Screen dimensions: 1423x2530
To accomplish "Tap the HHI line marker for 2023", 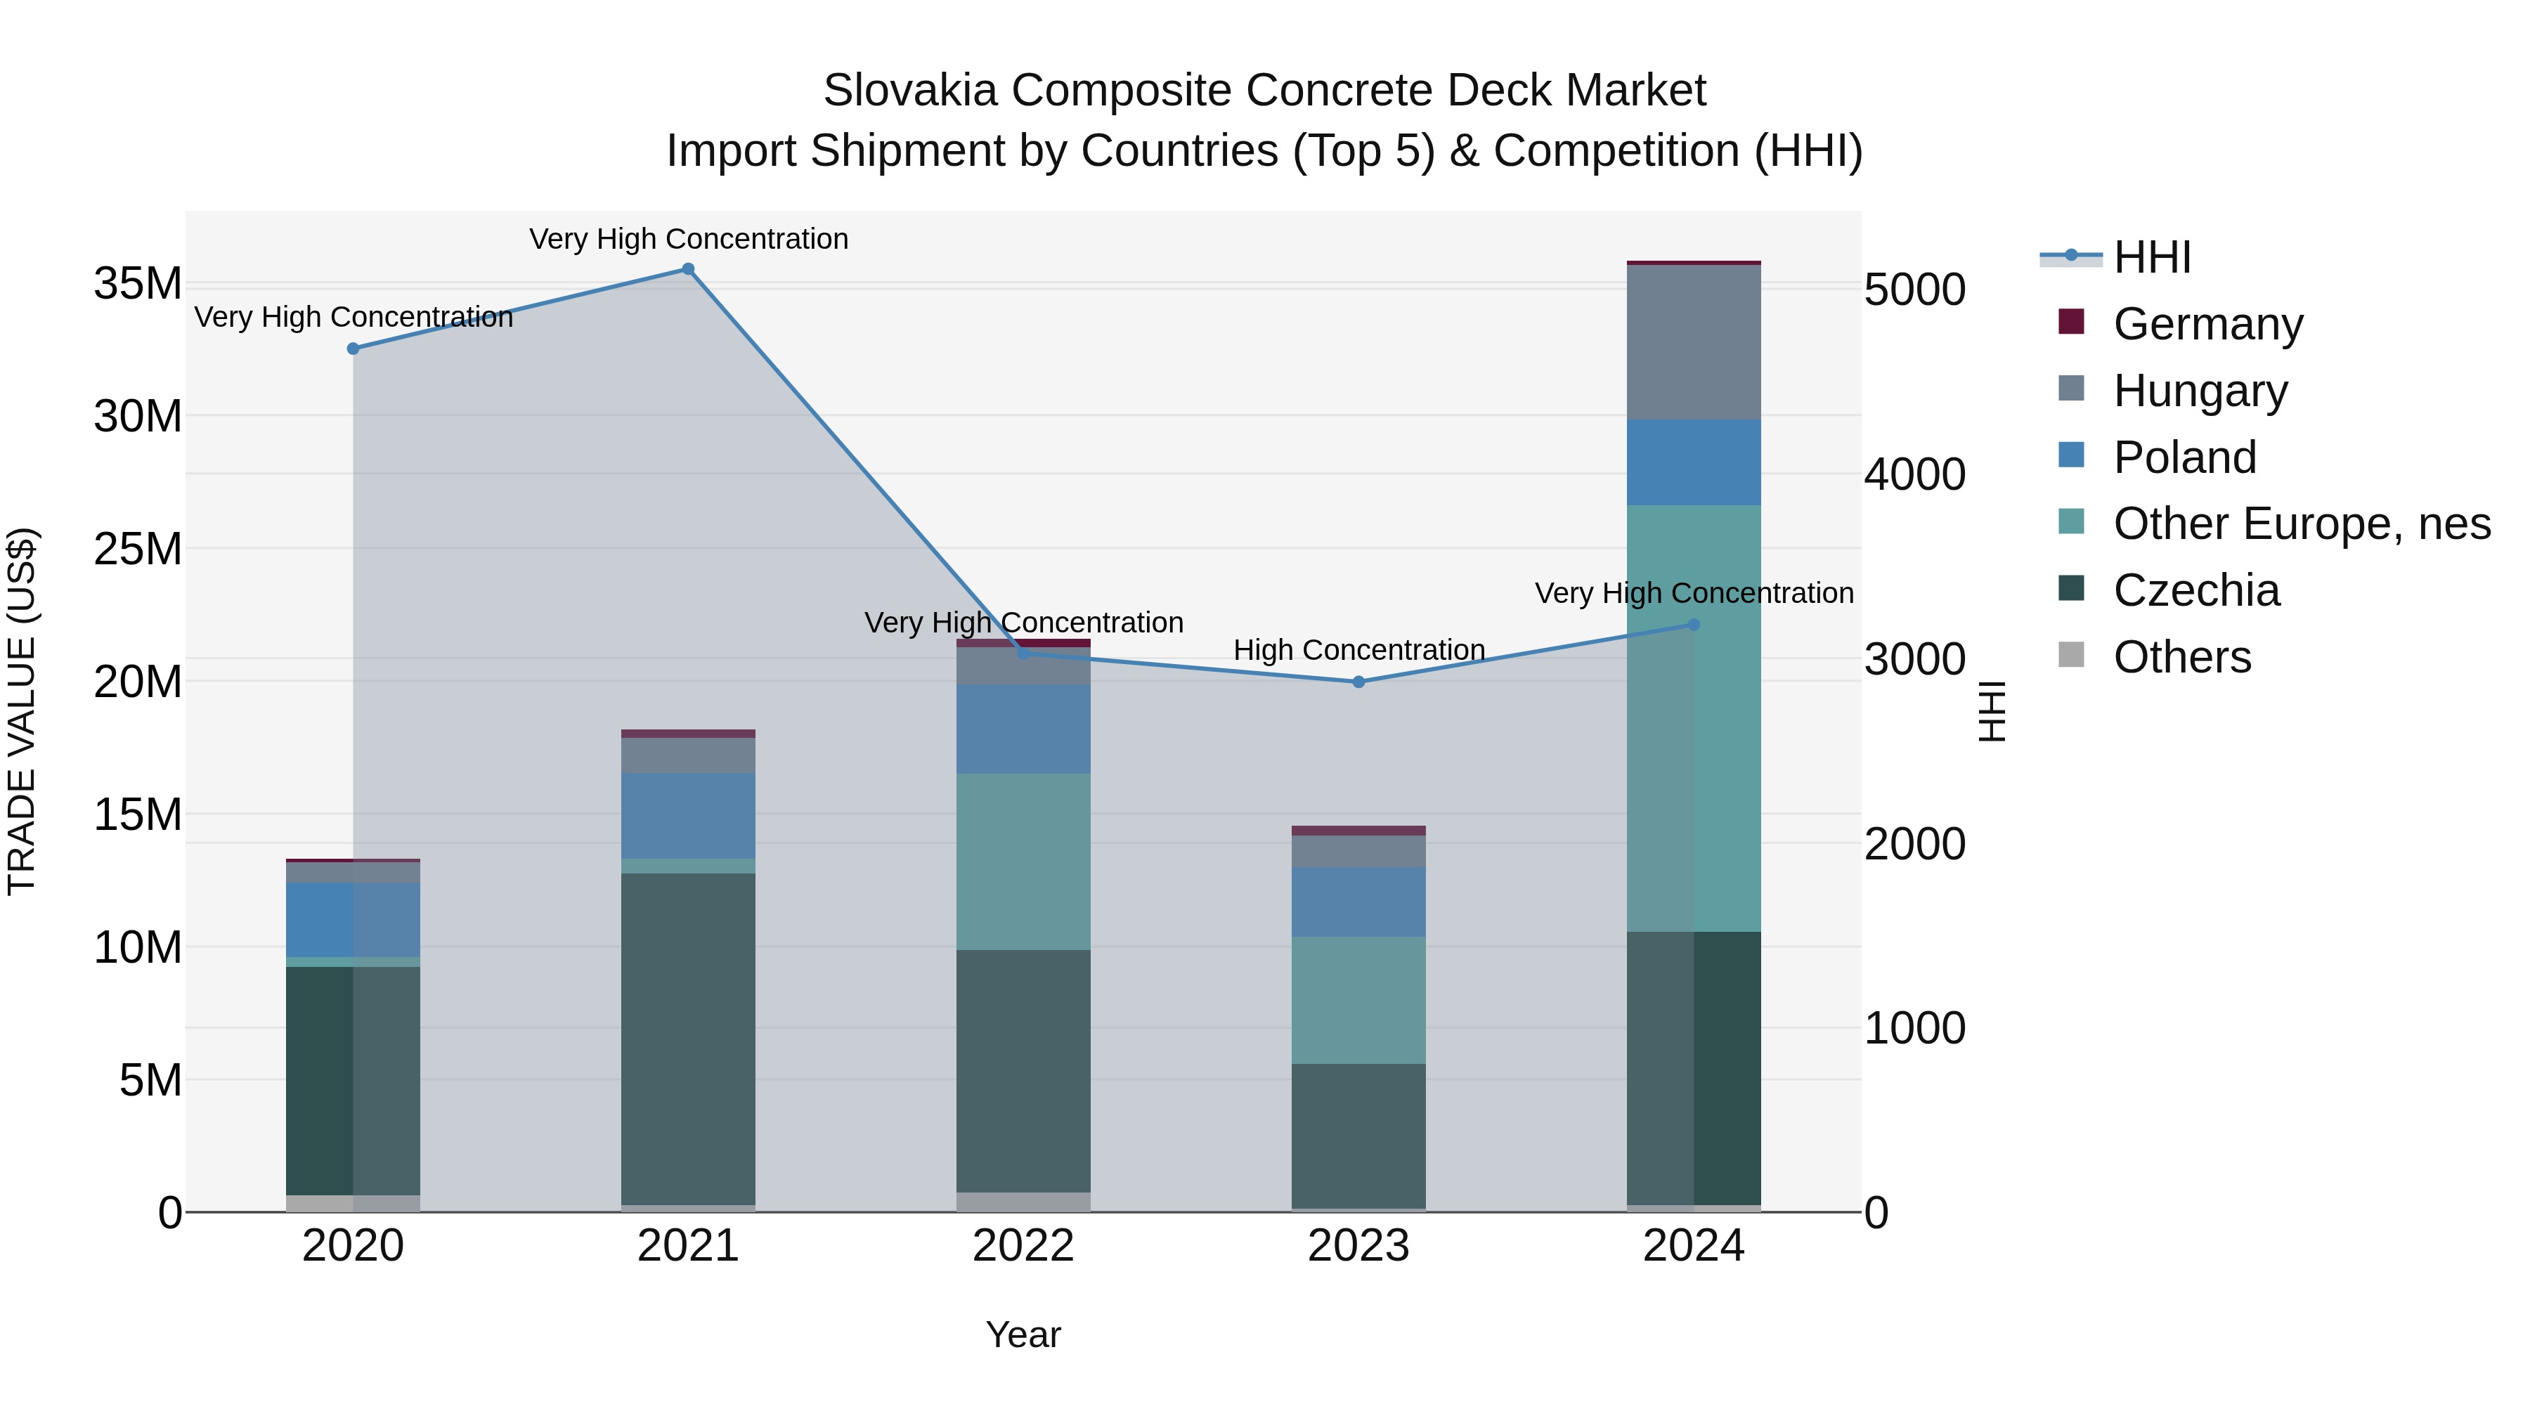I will pos(1358,682).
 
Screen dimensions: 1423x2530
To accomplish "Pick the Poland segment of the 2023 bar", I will pos(1358,902).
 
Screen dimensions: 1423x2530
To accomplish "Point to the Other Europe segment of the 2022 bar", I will pos(1023,862).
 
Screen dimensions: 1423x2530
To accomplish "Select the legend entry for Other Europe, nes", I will pos(2301,524).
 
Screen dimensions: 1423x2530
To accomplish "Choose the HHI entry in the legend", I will pos(2151,257).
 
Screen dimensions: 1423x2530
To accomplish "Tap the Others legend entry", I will pos(2181,657).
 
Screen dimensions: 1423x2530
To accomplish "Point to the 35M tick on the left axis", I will pos(138,284).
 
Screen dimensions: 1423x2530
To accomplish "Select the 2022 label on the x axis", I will pos(1023,1246).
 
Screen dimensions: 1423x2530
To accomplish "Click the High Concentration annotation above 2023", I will pos(1358,650).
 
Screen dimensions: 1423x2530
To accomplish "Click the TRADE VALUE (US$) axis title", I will pos(22,711).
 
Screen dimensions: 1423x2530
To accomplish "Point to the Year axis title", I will pos(1023,1334).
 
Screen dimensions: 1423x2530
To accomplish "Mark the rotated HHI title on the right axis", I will pos(1991,711).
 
